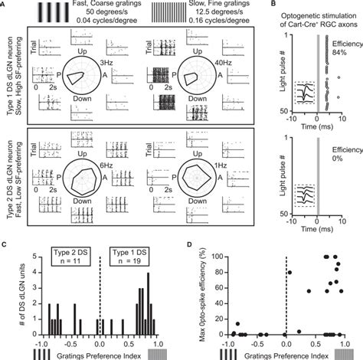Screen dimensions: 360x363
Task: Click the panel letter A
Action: click(x=5, y=5)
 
